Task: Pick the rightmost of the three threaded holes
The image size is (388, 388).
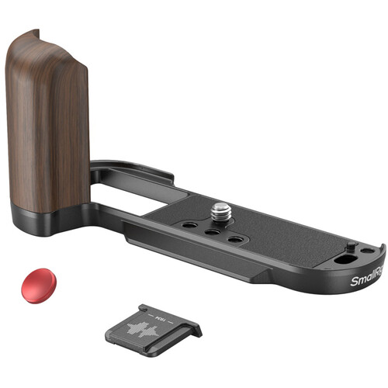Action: (x=234, y=240)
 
